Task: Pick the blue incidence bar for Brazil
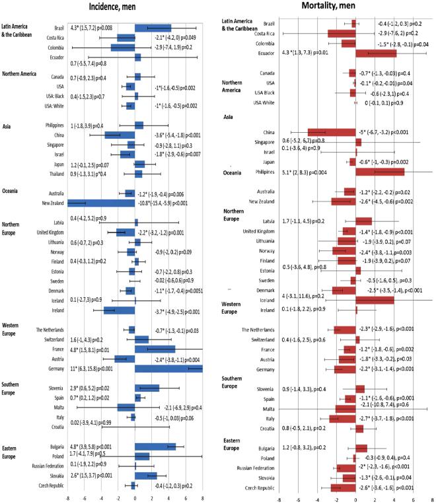click(153, 28)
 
